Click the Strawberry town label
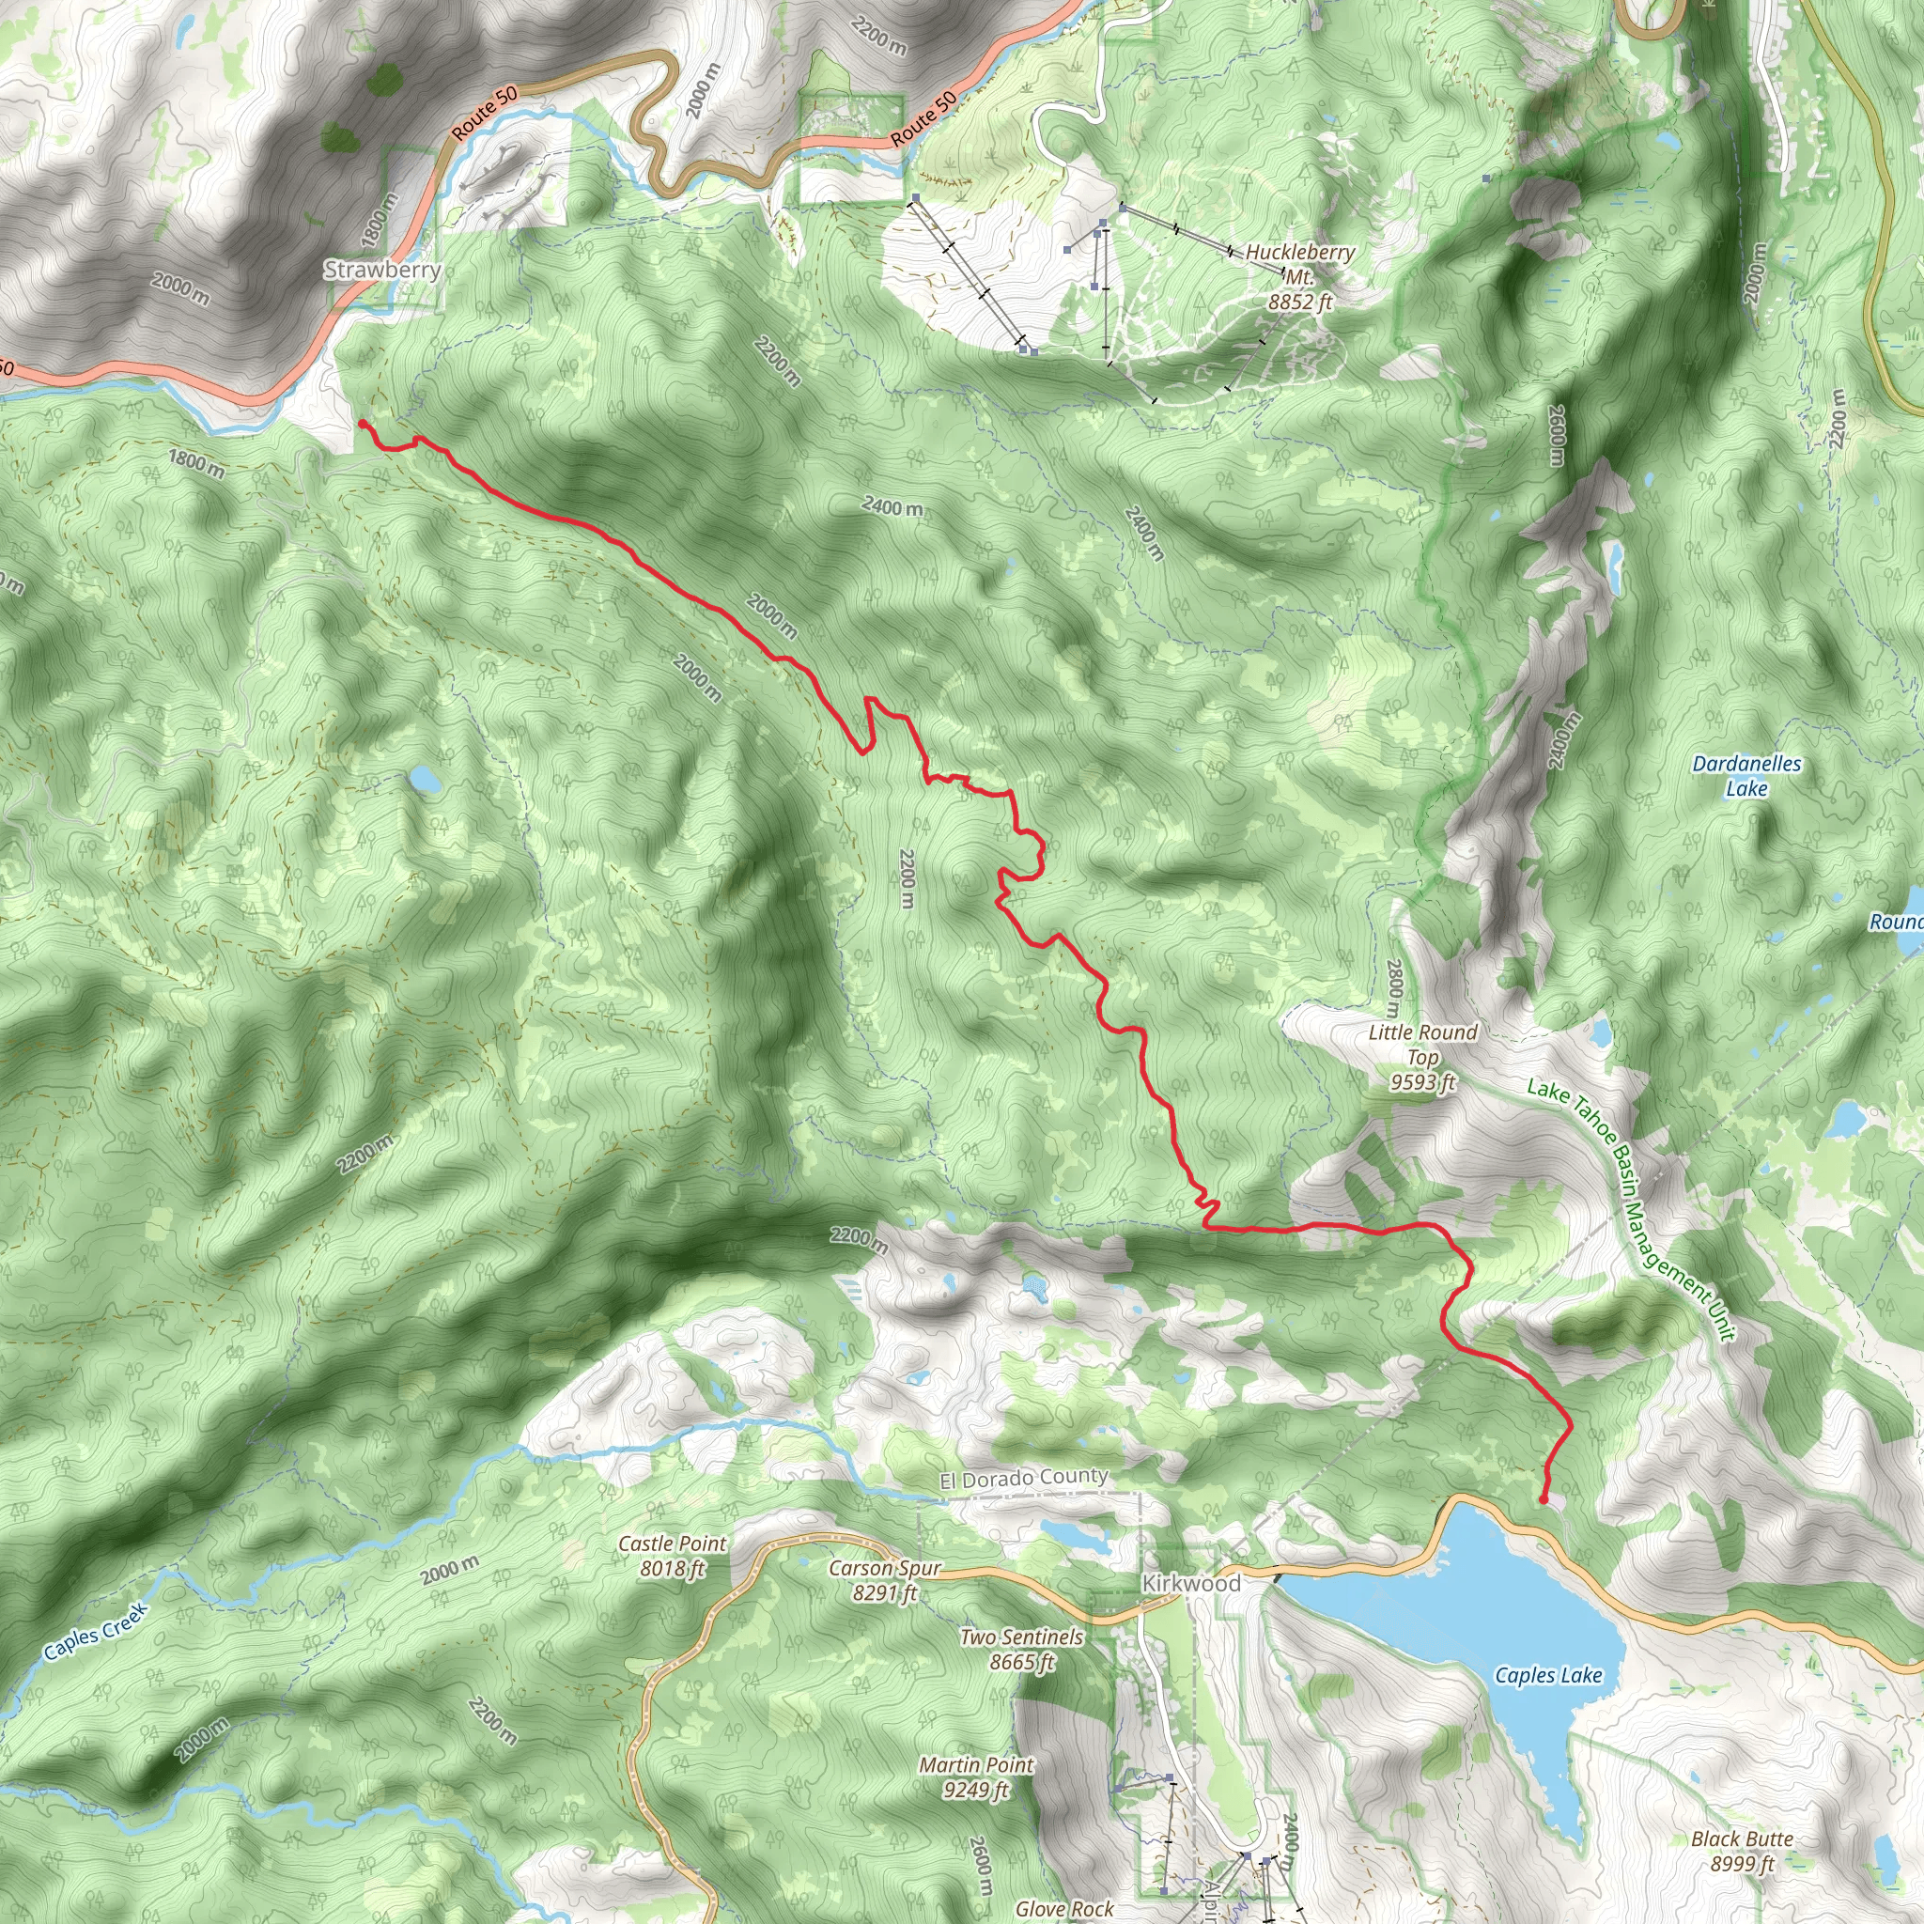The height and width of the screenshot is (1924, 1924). [x=382, y=270]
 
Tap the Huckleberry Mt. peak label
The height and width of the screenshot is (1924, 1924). [x=1299, y=277]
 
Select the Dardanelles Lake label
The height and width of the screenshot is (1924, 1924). [x=1746, y=776]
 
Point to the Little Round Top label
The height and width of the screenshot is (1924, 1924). [x=1422, y=1057]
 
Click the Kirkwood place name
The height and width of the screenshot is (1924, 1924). [x=1191, y=1583]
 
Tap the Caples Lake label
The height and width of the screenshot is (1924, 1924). [x=1548, y=1675]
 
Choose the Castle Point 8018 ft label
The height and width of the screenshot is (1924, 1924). [x=673, y=1556]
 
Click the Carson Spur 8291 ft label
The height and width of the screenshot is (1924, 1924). [x=884, y=1580]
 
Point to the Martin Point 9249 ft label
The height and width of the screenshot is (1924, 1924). [x=976, y=1777]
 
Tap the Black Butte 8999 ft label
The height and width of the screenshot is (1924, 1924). [x=1742, y=1851]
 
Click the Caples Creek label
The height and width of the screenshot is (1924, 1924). [x=96, y=1631]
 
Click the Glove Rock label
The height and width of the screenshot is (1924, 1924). [x=1063, y=1908]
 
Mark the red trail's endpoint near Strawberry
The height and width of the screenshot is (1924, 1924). [x=362, y=424]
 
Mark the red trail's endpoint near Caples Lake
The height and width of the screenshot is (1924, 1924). [x=1544, y=1498]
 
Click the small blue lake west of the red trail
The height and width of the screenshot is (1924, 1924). [x=425, y=779]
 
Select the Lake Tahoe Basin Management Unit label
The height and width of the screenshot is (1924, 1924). [x=1631, y=1209]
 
